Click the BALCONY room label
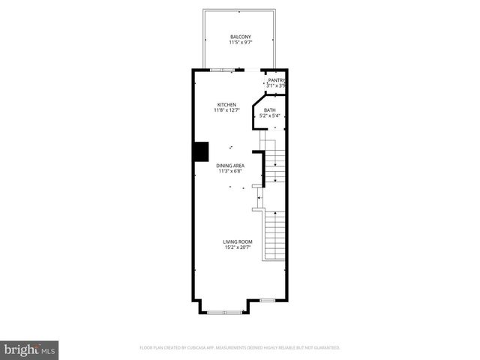(240, 37)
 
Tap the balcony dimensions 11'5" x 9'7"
(240, 43)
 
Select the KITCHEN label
(226, 104)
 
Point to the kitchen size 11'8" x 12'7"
(226, 110)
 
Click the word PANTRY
(277, 80)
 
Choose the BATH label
(269, 110)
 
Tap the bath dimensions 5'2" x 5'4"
(269, 116)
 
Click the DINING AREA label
(230, 165)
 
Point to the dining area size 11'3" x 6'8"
(230, 171)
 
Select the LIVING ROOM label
(237, 241)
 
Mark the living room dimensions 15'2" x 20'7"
(237, 247)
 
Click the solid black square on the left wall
(201, 151)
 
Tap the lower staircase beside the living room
(275, 235)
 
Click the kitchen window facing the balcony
(222, 70)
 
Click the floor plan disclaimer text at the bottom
(240, 348)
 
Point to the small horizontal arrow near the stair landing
(259, 198)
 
